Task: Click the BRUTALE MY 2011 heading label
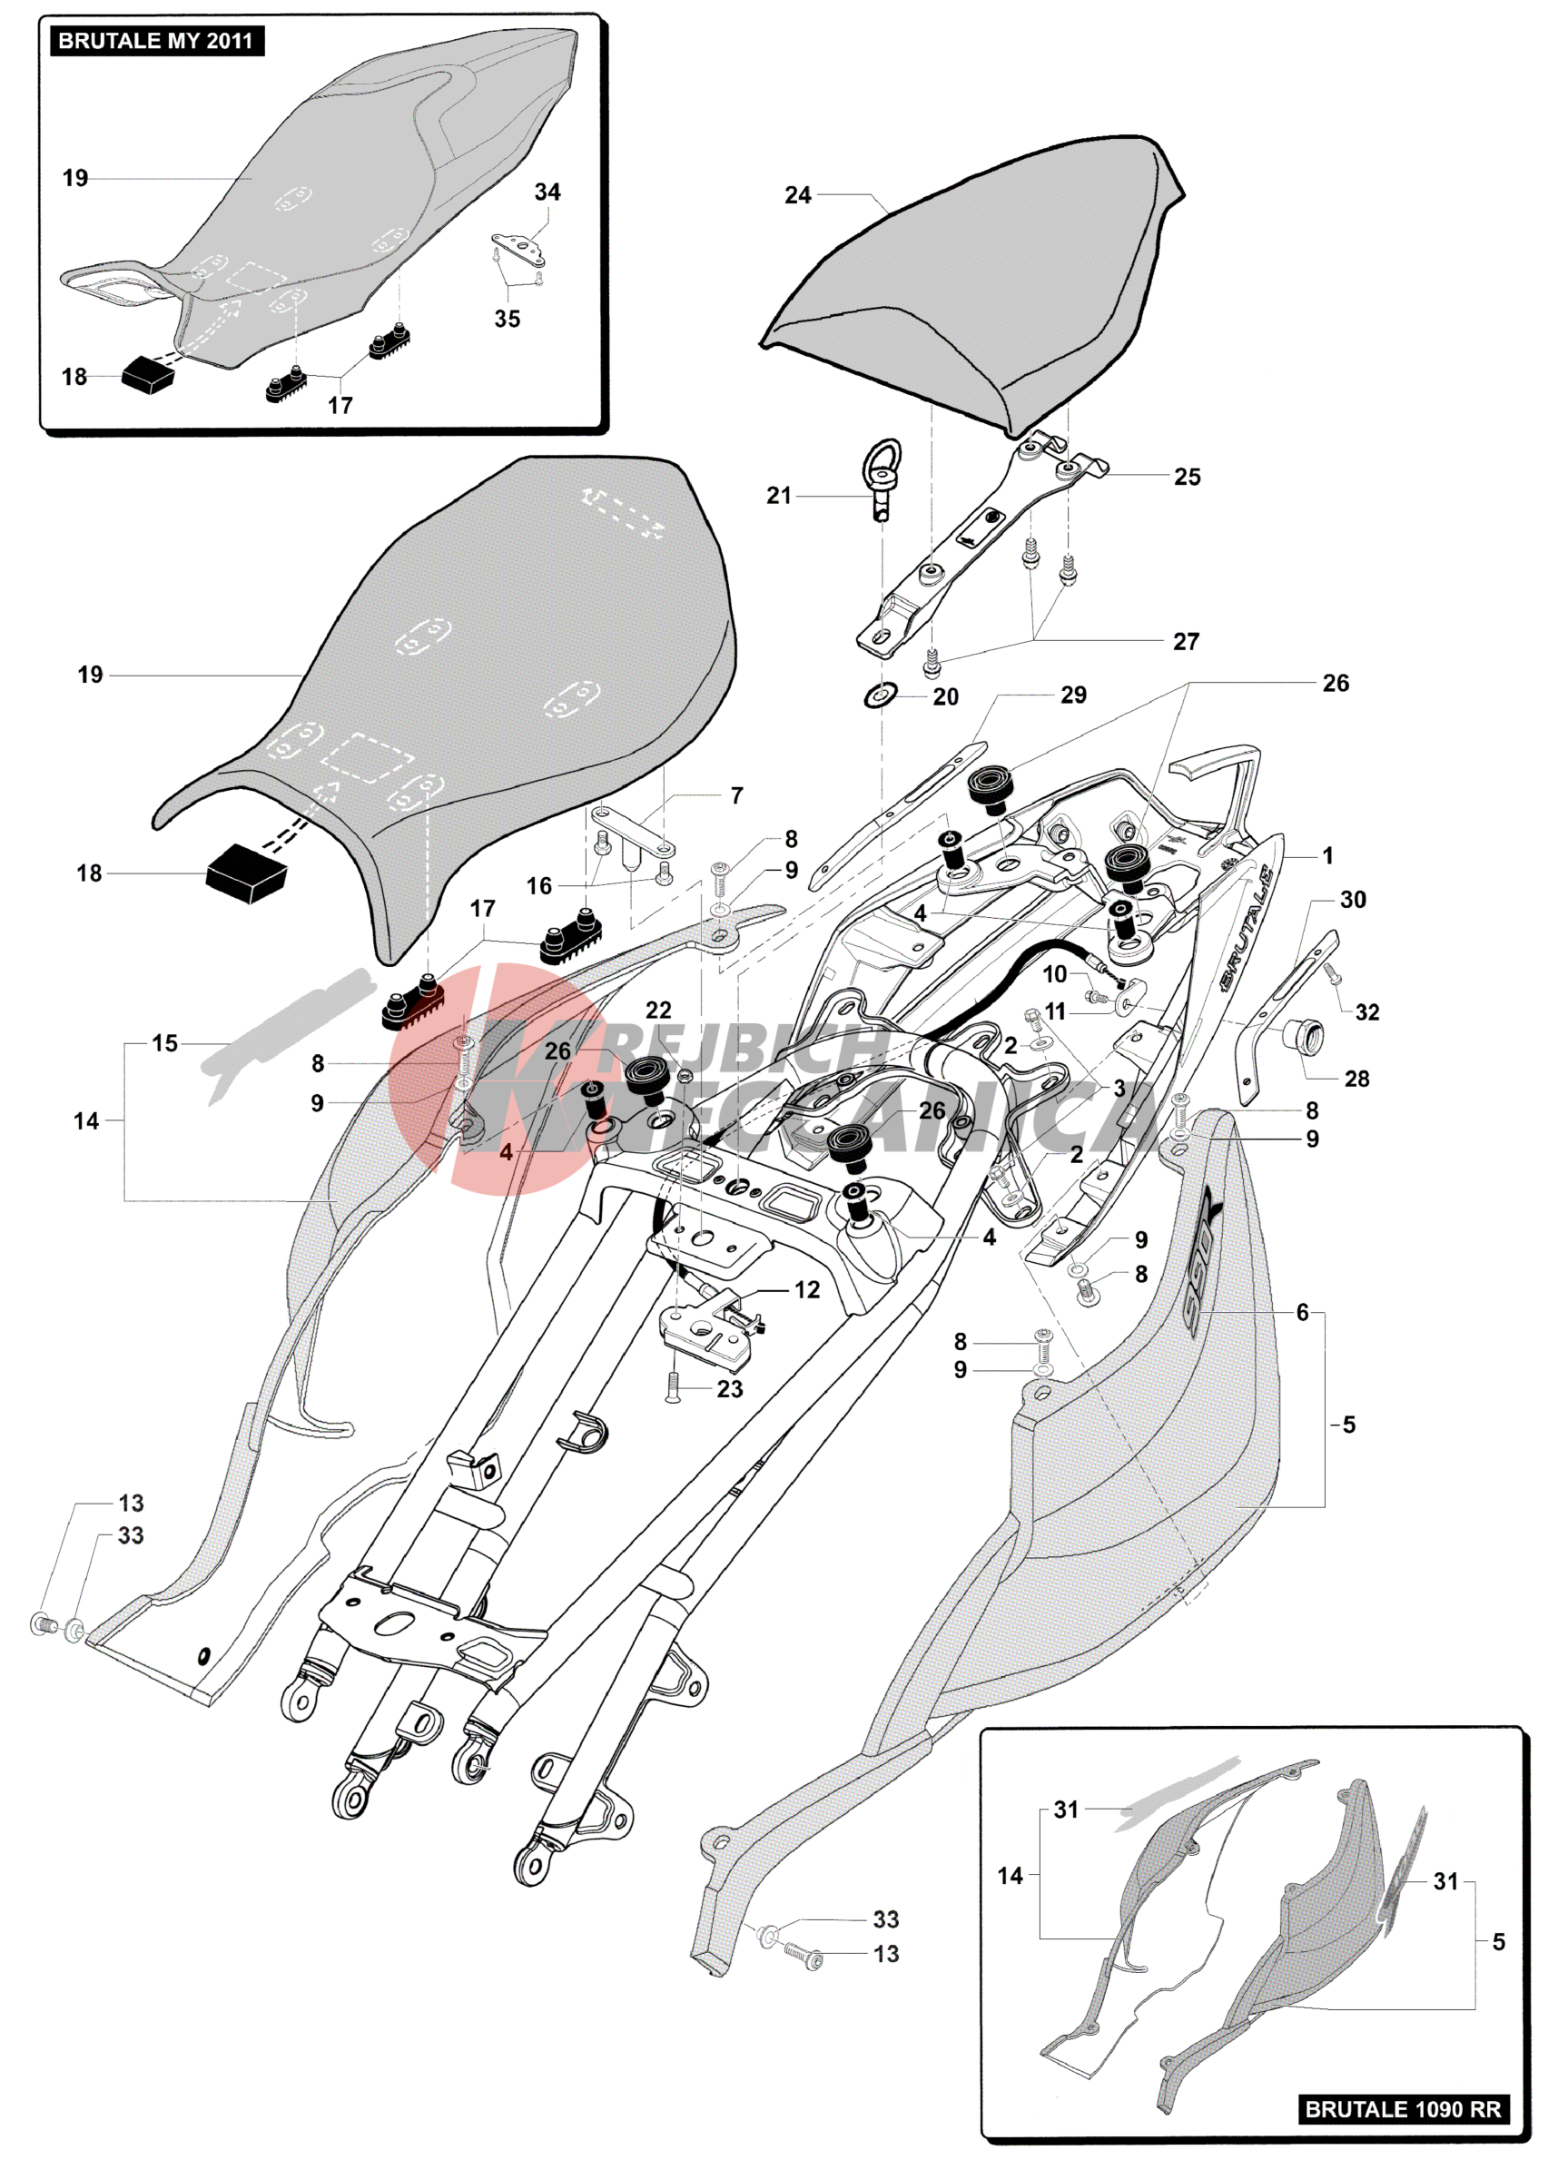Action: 155,41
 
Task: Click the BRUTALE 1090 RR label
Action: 1402,2108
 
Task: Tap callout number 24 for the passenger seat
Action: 797,195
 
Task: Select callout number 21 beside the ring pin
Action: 778,495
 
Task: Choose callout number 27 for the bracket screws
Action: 1185,641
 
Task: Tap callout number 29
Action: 1072,695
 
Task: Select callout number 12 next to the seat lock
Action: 807,1289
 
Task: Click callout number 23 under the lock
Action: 730,1389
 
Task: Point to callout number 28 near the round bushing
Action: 1356,1079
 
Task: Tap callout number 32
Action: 1367,1012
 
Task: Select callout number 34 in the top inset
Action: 547,192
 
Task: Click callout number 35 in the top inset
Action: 507,319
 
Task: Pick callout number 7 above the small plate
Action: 736,795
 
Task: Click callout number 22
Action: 658,1011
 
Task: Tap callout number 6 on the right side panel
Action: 1302,1312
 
